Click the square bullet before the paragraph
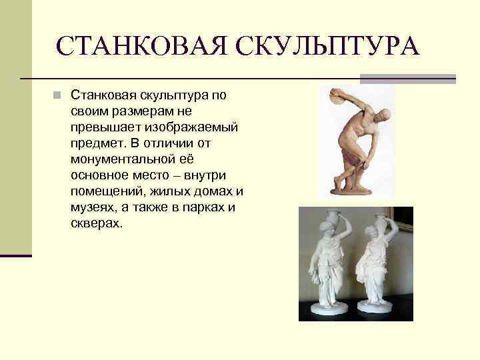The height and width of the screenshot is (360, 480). [x=58, y=95]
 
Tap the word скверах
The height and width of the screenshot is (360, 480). [x=96, y=223]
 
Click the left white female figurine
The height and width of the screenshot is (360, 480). [x=327, y=267]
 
